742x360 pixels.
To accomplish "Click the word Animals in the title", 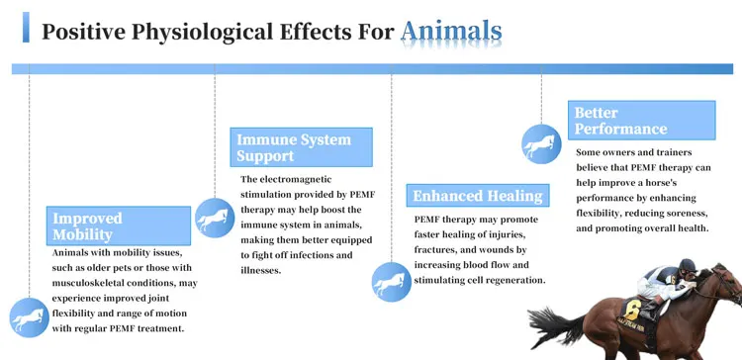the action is coord(451,32).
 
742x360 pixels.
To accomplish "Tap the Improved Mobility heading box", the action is coord(119,225).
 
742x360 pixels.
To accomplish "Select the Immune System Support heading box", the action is coord(301,147).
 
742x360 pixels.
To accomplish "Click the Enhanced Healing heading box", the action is coord(478,196).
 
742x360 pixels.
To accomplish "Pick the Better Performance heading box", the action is coord(641,120).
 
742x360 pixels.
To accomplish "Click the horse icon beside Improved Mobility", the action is coord(30,317).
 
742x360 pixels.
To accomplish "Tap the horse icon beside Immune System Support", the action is coord(215,219).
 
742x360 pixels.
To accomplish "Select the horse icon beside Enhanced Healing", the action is coord(392,282).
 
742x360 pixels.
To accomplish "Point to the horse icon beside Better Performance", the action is coord(541,144).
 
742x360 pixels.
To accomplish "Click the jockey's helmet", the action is coord(688,265).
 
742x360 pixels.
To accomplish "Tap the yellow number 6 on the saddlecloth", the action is coord(631,311).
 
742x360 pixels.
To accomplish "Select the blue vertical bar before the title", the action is coord(26,28).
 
